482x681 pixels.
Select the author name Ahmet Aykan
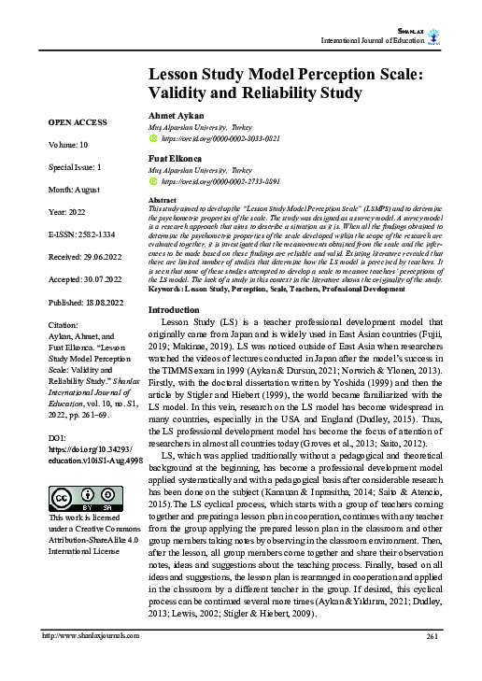pos(177,114)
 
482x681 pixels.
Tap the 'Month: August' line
pos(75,189)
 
